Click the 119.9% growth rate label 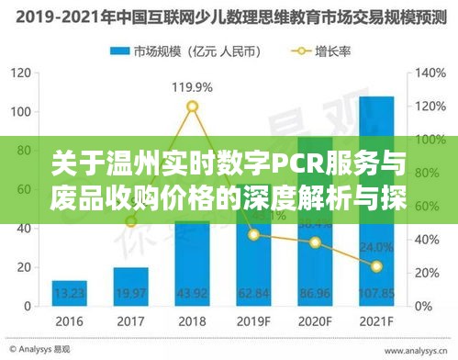coord(192,88)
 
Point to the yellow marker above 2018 coord(192,107)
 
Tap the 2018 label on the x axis coord(193,323)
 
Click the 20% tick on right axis coord(429,272)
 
